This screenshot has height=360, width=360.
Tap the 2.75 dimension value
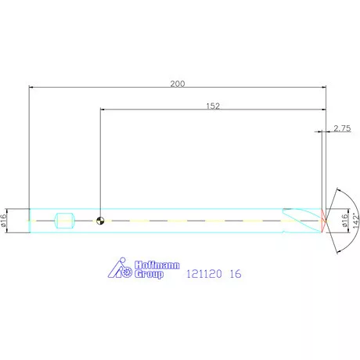(x=341, y=128)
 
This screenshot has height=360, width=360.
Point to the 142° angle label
(x=355, y=220)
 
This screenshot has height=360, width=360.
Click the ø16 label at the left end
(x=5, y=221)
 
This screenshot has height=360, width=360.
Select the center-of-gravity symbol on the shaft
(x=100, y=221)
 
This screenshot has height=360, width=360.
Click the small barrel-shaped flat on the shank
(x=64, y=221)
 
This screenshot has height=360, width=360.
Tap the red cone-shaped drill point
(x=322, y=221)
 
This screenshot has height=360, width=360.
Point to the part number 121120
(x=200, y=275)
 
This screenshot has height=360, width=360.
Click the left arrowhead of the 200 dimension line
(x=31, y=87)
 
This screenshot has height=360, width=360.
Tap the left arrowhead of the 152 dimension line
(x=103, y=110)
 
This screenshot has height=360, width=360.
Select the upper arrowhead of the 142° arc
(x=337, y=190)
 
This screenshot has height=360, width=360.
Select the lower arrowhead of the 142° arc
(x=337, y=251)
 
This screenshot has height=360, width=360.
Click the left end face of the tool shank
(x=29, y=221)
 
